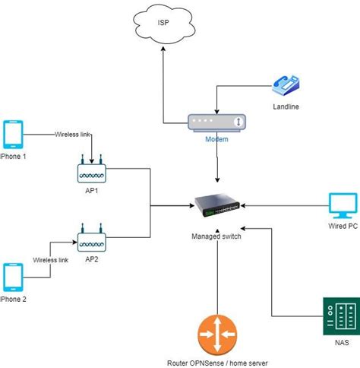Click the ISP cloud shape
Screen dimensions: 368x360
(163, 23)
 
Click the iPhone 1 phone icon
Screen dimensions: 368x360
(14, 135)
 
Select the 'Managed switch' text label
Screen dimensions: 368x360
(216, 236)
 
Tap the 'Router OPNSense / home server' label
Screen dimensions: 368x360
(217, 363)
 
